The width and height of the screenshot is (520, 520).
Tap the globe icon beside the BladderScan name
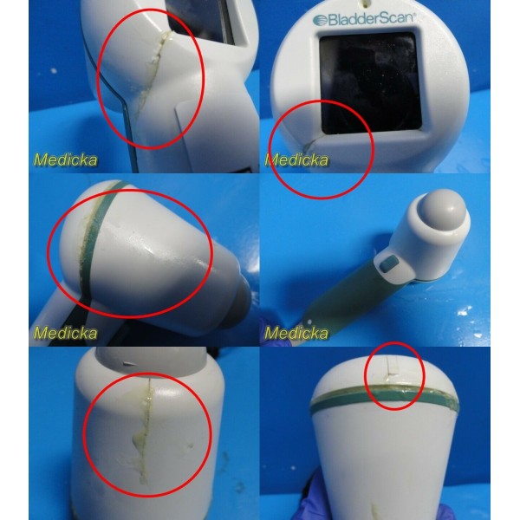click(320, 20)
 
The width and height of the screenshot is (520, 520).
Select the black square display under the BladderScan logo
click(370, 83)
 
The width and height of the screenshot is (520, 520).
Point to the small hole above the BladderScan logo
click(366, 4)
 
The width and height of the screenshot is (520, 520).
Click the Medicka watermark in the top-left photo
click(65, 159)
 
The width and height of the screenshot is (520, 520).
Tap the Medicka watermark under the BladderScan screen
click(296, 160)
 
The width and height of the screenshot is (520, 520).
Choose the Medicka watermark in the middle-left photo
click(65, 333)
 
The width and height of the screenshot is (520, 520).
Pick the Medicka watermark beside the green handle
click(296, 333)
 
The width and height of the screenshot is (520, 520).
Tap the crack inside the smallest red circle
click(393, 373)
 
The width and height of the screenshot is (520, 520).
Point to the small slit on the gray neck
click(130, 364)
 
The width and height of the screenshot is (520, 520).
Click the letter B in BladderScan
click(333, 20)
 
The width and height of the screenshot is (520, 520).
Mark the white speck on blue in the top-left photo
click(54, 71)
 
